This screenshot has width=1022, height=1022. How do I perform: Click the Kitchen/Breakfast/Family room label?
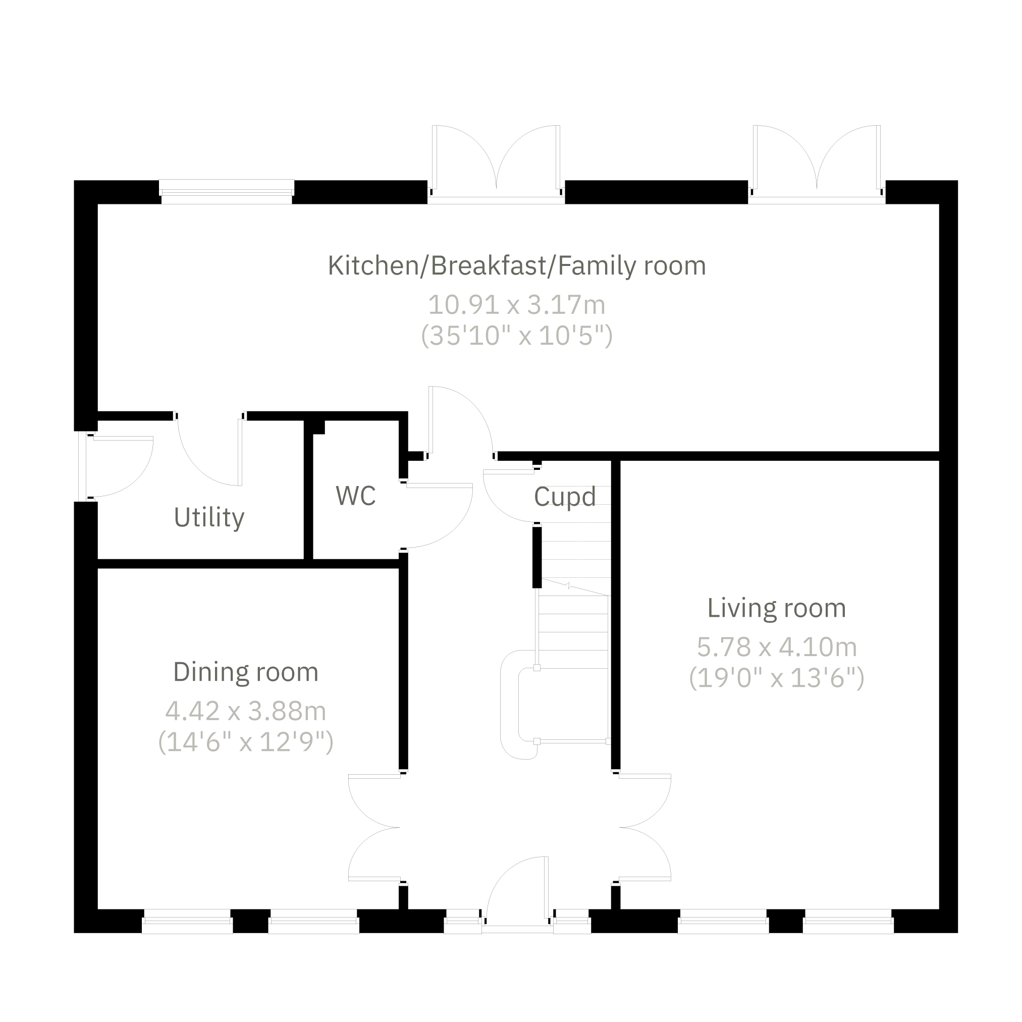[x=517, y=265]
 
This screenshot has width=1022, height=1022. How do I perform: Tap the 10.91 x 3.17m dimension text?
[x=516, y=305]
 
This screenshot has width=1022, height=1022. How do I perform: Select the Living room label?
[x=777, y=608]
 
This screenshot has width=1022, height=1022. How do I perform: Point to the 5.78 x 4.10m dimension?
[x=777, y=647]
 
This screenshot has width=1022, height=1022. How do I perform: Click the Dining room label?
[x=246, y=672]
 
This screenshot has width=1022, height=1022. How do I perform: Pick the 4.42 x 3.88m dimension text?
[x=246, y=711]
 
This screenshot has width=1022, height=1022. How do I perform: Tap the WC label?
[x=355, y=496]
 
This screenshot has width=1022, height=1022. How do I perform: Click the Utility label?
[x=209, y=517]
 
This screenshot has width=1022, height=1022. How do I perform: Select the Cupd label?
[x=565, y=497]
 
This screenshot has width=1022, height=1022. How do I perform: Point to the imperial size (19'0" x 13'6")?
[x=777, y=678]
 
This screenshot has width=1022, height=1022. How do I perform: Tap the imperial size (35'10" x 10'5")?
[x=516, y=336]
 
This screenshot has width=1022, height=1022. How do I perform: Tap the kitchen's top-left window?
[x=227, y=191]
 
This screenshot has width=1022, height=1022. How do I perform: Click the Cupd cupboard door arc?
[x=500, y=503]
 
